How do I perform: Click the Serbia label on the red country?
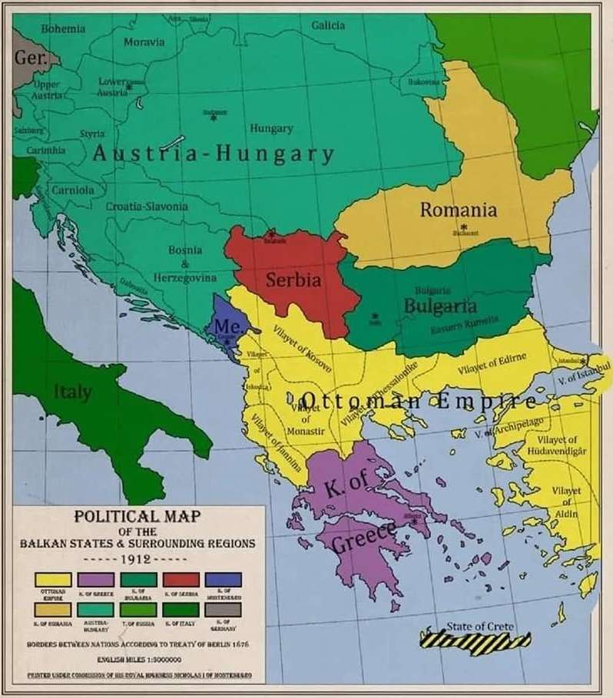(x=293, y=280)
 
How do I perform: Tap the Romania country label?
(x=458, y=210)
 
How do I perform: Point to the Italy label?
(x=73, y=392)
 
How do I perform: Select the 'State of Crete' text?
(x=480, y=626)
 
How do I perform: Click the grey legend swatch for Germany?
(x=222, y=609)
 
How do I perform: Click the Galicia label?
(x=328, y=25)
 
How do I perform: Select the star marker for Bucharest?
(x=463, y=227)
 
